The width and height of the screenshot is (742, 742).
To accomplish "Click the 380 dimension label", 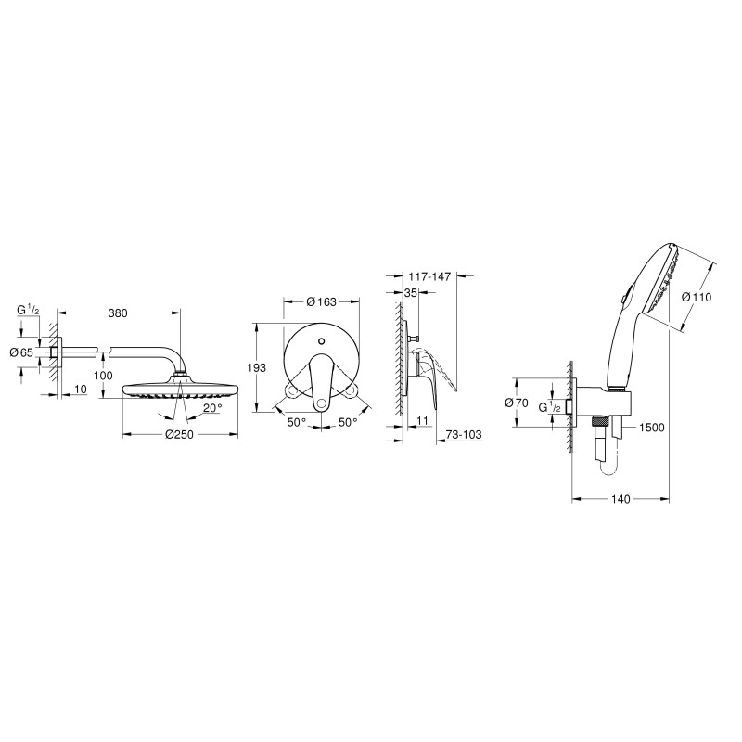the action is (118, 313).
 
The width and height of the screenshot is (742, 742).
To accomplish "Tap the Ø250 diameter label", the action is (179, 434).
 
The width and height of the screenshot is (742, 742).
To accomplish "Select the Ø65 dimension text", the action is (21, 352).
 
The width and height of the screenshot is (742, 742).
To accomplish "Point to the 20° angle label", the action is (213, 408).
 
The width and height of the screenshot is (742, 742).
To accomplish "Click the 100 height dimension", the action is (103, 376).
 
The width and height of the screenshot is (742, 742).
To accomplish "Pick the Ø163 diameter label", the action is (321, 301).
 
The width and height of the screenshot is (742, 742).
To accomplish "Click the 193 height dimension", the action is (257, 367).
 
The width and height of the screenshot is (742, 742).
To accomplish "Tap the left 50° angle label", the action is (297, 422).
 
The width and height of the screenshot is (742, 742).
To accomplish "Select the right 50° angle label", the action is (348, 422).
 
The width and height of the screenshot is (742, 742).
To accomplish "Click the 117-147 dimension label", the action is (429, 276).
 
